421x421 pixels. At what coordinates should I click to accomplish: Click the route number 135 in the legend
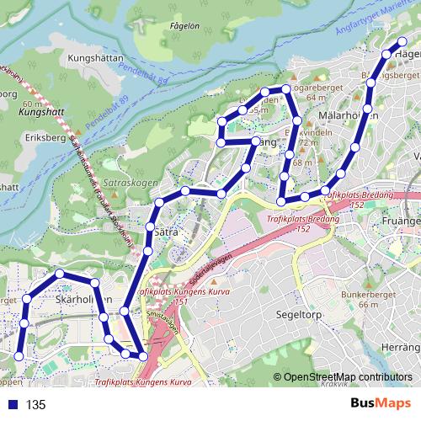[36, 405]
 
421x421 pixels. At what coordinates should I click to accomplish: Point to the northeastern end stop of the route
[402, 41]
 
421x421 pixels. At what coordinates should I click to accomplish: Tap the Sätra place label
[164, 228]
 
